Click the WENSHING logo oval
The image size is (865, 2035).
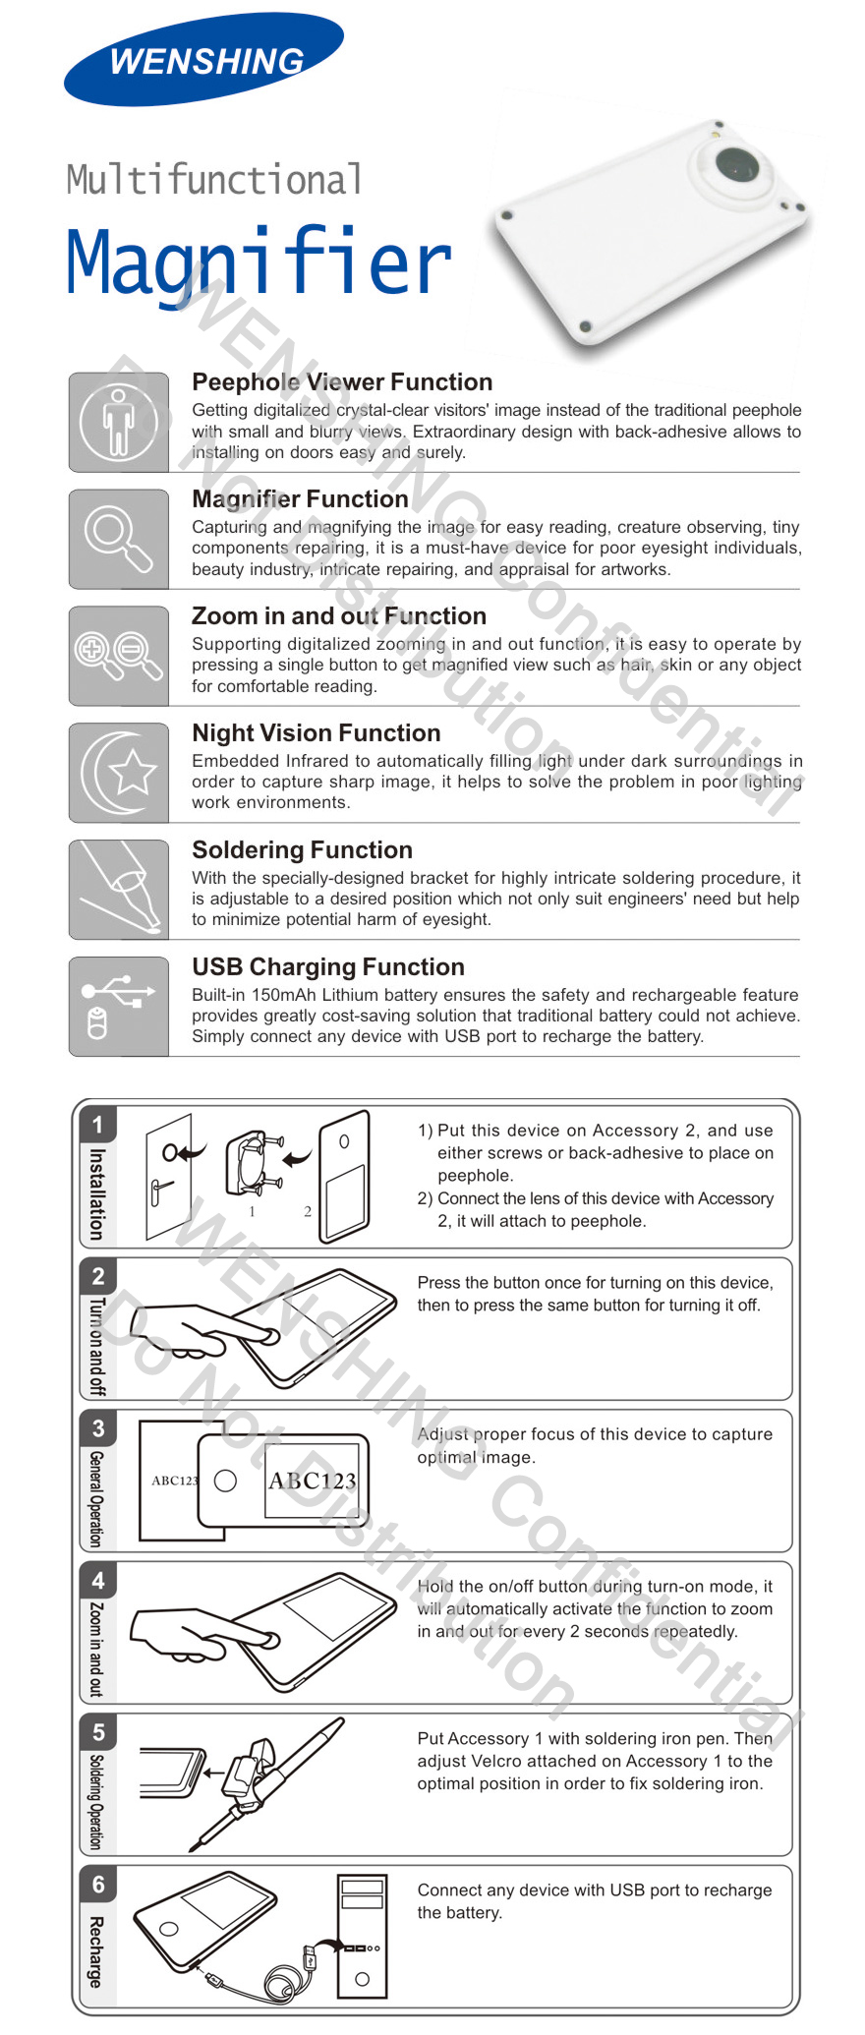click(x=203, y=60)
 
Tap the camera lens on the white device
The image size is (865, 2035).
click(x=735, y=163)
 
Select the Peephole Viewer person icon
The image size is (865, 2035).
click(x=119, y=422)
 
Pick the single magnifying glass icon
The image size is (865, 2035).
click(x=119, y=539)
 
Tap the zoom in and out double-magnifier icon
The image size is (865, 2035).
click(x=119, y=656)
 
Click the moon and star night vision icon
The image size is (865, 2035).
click(x=119, y=773)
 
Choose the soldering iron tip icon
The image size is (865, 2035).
click(x=119, y=890)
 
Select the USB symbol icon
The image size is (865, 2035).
click(x=119, y=1006)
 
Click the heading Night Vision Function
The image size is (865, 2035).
click(x=317, y=733)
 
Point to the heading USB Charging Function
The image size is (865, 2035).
click(x=328, y=967)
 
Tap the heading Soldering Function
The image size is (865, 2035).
click(x=303, y=850)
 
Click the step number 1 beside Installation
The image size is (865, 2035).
click(x=97, y=1124)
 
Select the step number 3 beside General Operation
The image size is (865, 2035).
click(x=97, y=1427)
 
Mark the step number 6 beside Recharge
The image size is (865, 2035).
click(x=97, y=1884)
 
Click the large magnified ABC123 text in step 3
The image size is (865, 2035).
click(x=312, y=1481)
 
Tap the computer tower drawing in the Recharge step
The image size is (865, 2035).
click(x=362, y=1937)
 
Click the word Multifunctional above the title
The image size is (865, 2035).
click(x=214, y=180)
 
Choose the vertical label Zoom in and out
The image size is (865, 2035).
click(x=96, y=1649)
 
